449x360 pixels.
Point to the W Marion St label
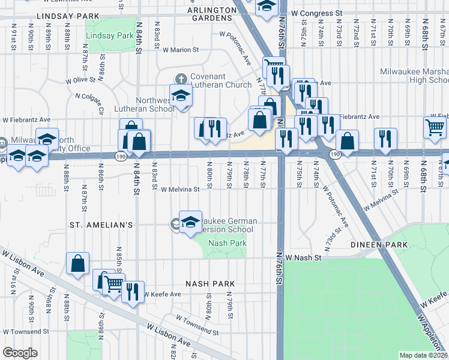click(180, 50)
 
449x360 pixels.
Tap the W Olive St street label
click(81, 79)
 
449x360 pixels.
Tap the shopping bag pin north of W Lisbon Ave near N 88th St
click(78, 263)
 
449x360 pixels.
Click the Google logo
click(20, 353)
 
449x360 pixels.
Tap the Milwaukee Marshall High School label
click(414, 76)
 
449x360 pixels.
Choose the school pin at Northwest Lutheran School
click(180, 95)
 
